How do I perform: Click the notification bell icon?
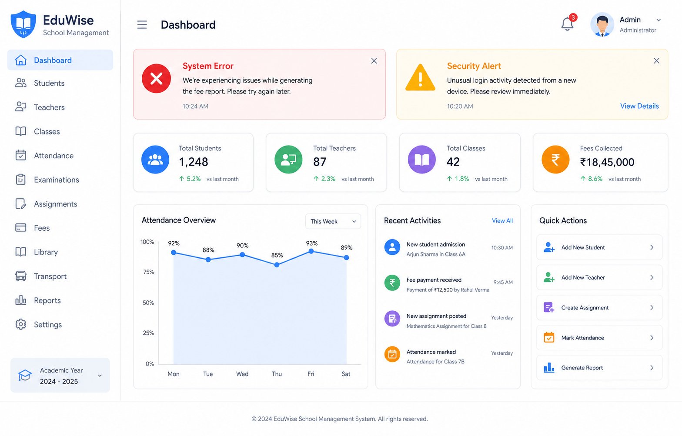[567, 24]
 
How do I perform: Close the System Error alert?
[374, 61]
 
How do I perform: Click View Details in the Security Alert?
[639, 106]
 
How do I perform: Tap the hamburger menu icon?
[142, 25]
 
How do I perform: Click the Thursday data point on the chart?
[277, 265]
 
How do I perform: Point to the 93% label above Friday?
[312, 243]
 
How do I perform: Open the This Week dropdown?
[333, 222]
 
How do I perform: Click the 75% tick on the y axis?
[149, 272]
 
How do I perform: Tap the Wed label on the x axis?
[242, 374]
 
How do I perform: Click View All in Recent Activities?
[502, 220]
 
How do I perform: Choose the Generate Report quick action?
[599, 368]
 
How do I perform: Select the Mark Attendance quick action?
[599, 338]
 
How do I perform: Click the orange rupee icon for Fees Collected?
[555, 160]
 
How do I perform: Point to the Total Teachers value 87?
[320, 162]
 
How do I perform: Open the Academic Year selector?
[60, 375]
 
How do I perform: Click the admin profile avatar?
[602, 24]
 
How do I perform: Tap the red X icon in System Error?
[156, 79]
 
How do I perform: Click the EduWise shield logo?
[23, 24]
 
